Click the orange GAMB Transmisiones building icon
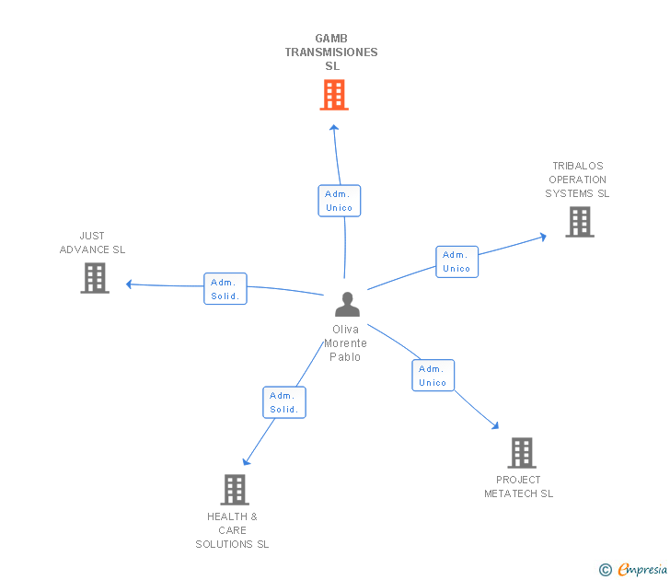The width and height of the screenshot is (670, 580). click(334, 95)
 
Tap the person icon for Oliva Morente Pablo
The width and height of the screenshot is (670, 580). click(347, 305)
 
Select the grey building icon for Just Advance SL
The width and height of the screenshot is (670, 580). click(95, 278)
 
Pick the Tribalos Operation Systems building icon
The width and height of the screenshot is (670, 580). click(580, 222)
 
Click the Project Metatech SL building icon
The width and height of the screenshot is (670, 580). click(522, 453)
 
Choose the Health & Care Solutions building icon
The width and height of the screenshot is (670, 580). click(235, 490)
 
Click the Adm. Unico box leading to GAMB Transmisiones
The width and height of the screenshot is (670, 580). click(340, 201)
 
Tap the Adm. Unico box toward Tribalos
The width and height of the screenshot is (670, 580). click(456, 261)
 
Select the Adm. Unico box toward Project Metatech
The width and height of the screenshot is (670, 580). click(433, 376)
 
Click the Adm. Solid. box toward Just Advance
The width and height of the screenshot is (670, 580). click(225, 288)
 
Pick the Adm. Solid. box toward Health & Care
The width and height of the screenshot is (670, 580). click(284, 402)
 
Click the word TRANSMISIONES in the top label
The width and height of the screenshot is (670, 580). click(331, 52)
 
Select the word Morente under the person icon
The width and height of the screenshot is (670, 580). click(345, 343)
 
